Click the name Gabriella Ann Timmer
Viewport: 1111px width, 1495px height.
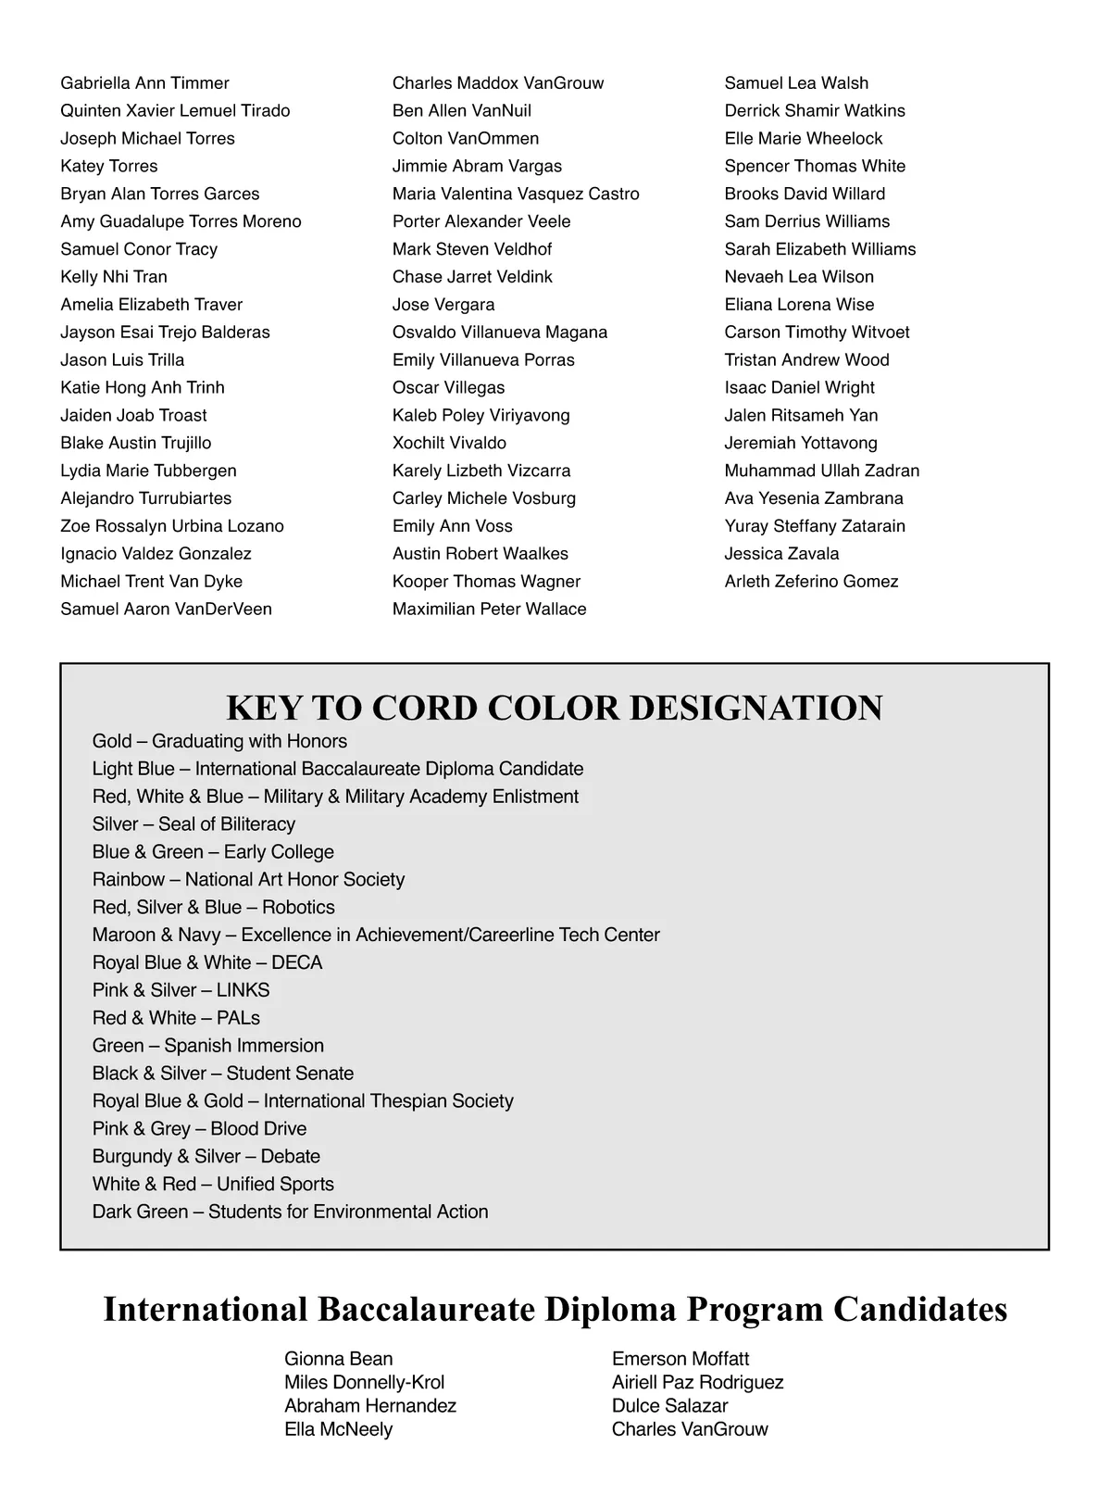click(144, 83)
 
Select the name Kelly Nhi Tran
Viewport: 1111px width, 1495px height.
click(114, 277)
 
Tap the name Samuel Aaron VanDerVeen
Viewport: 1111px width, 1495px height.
click(166, 609)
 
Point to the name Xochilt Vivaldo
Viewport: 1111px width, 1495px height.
click(449, 443)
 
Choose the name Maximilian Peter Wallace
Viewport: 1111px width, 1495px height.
click(489, 609)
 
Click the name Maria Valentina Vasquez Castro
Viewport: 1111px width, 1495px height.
click(516, 195)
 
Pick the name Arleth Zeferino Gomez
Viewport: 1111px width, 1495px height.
click(811, 582)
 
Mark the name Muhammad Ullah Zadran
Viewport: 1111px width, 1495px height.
click(821, 471)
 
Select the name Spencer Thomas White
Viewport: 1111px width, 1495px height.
click(815, 167)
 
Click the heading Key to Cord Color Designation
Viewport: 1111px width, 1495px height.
click(555, 708)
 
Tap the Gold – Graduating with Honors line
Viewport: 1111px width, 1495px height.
click(219, 741)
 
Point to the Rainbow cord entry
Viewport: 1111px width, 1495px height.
click(248, 879)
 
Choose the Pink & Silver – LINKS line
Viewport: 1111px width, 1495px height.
click(181, 990)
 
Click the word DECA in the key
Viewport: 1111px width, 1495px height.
click(297, 962)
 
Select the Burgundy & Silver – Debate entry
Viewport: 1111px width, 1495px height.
click(206, 1156)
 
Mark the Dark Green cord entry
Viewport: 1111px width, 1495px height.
click(290, 1212)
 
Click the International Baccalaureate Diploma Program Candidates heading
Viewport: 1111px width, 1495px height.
click(555, 1309)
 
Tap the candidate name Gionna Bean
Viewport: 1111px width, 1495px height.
click(338, 1359)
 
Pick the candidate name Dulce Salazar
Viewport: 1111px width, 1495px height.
click(669, 1405)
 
